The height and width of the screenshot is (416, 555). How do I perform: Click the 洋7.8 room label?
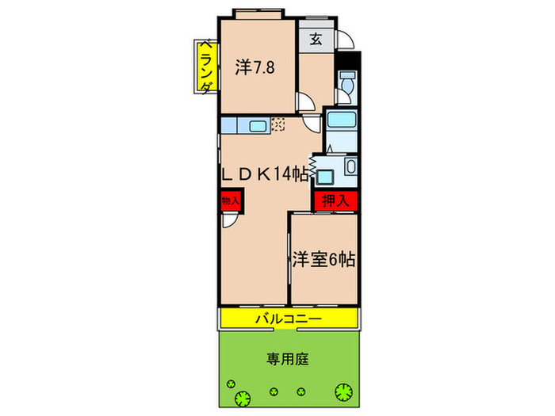pyautogui.click(x=254, y=67)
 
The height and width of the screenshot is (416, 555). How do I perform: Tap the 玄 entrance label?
pyautogui.click(x=315, y=38)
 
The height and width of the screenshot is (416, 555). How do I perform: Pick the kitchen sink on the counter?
pyautogui.click(x=258, y=124)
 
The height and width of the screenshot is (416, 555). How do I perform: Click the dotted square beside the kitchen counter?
pyautogui.click(x=278, y=124)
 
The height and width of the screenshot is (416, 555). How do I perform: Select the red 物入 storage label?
pyautogui.click(x=228, y=200)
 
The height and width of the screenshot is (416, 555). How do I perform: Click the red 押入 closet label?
pyautogui.click(x=335, y=201)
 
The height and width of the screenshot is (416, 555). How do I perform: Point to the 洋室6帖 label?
pyautogui.click(x=323, y=258)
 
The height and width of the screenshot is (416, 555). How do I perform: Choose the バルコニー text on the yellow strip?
pyautogui.click(x=288, y=319)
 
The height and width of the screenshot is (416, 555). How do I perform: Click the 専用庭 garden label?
pyautogui.click(x=288, y=358)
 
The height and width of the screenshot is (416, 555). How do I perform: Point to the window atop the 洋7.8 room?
pyautogui.click(x=256, y=13)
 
